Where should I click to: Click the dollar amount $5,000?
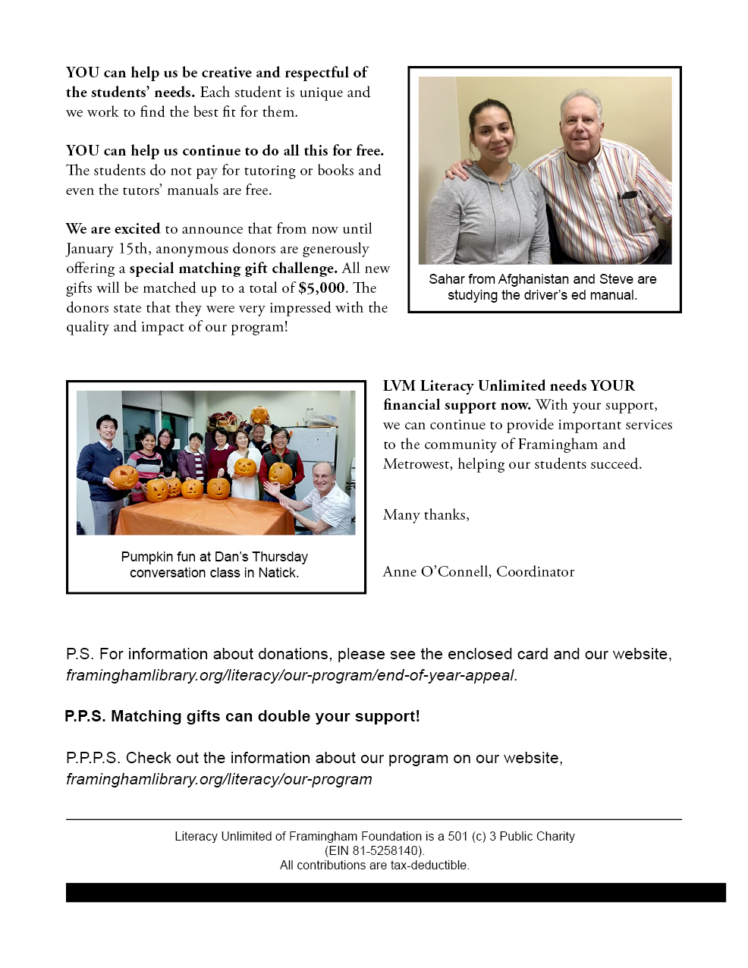[x=322, y=288]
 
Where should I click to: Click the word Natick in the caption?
[x=278, y=573]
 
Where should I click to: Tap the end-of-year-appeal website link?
[x=291, y=675]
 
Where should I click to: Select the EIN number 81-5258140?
[x=386, y=850]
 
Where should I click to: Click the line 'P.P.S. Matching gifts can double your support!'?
[x=242, y=716]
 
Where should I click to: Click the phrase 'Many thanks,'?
[x=426, y=515]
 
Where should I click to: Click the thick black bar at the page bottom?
[x=395, y=892]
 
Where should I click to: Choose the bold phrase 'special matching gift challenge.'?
[x=233, y=269]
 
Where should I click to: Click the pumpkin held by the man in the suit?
[x=124, y=476]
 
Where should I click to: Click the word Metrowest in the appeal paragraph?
[x=416, y=464]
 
